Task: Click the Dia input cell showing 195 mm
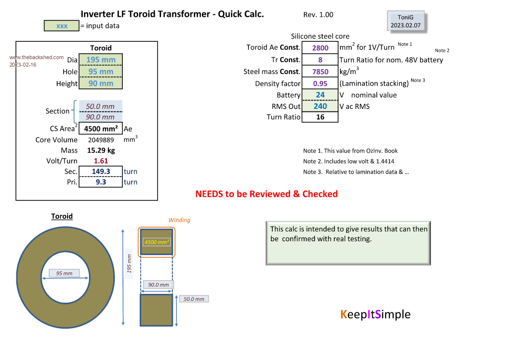coord(100,60)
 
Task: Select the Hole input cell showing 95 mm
coord(100,72)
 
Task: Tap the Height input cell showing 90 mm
coord(100,84)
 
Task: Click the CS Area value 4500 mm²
coord(101,129)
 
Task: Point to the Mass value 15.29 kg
coord(101,150)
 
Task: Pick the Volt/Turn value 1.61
coord(101,161)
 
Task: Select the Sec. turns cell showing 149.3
coord(101,172)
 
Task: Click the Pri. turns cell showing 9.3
coord(101,182)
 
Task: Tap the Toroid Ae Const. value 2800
coord(320,48)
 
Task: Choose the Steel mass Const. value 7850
coord(320,72)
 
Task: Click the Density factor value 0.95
coord(320,84)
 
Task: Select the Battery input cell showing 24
coord(320,94)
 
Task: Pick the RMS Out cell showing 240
coord(320,106)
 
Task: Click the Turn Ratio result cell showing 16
coord(320,117)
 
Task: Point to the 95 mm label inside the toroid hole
coord(64,273)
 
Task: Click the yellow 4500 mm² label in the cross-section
coord(157,242)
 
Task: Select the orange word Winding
coord(179,220)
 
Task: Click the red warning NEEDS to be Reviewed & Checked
coord(266,194)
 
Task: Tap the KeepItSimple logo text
coord(375,314)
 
